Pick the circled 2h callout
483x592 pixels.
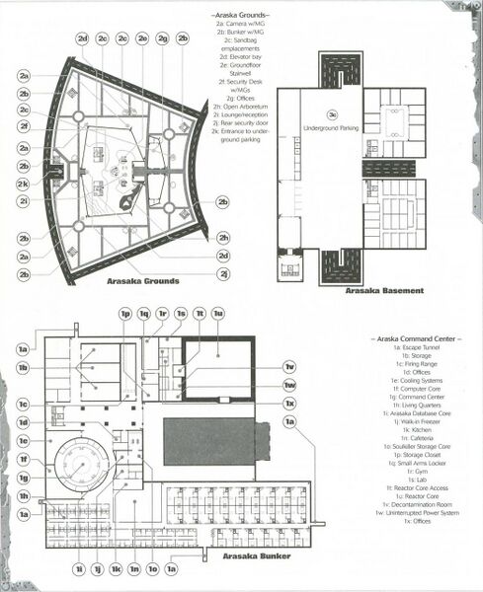[x=224, y=238]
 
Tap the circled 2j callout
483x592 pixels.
[x=224, y=273]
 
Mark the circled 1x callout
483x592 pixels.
[x=289, y=404]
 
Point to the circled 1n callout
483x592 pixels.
[x=134, y=568]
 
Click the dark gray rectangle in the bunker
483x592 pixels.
[x=209, y=441]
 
